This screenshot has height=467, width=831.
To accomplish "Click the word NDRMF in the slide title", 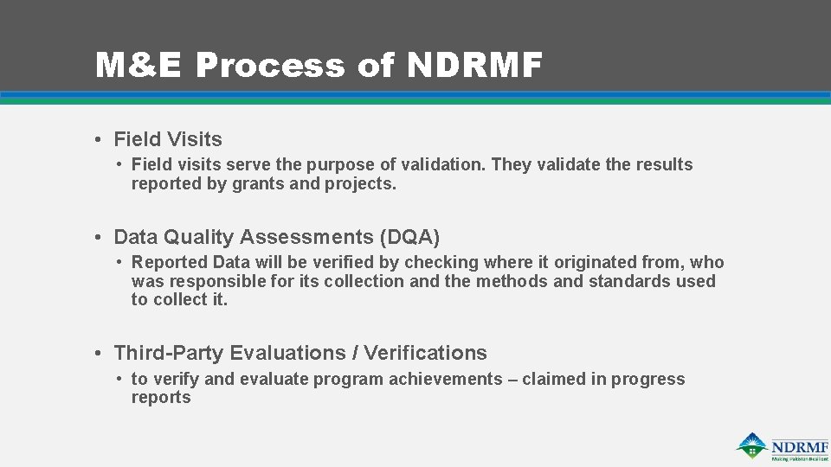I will pos(473,66).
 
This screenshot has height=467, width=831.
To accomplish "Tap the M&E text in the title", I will pos(139,66).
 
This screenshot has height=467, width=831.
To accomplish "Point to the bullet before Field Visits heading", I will pos(101,139).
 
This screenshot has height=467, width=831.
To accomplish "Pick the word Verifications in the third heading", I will pos(426,353).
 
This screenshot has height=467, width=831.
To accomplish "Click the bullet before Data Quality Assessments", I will pos(101,237).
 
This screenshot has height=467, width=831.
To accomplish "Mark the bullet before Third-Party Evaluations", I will pos(101,353).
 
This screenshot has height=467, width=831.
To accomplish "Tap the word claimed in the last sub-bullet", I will pos(554,379).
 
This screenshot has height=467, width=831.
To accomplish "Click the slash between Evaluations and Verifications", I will pos(355,353).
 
